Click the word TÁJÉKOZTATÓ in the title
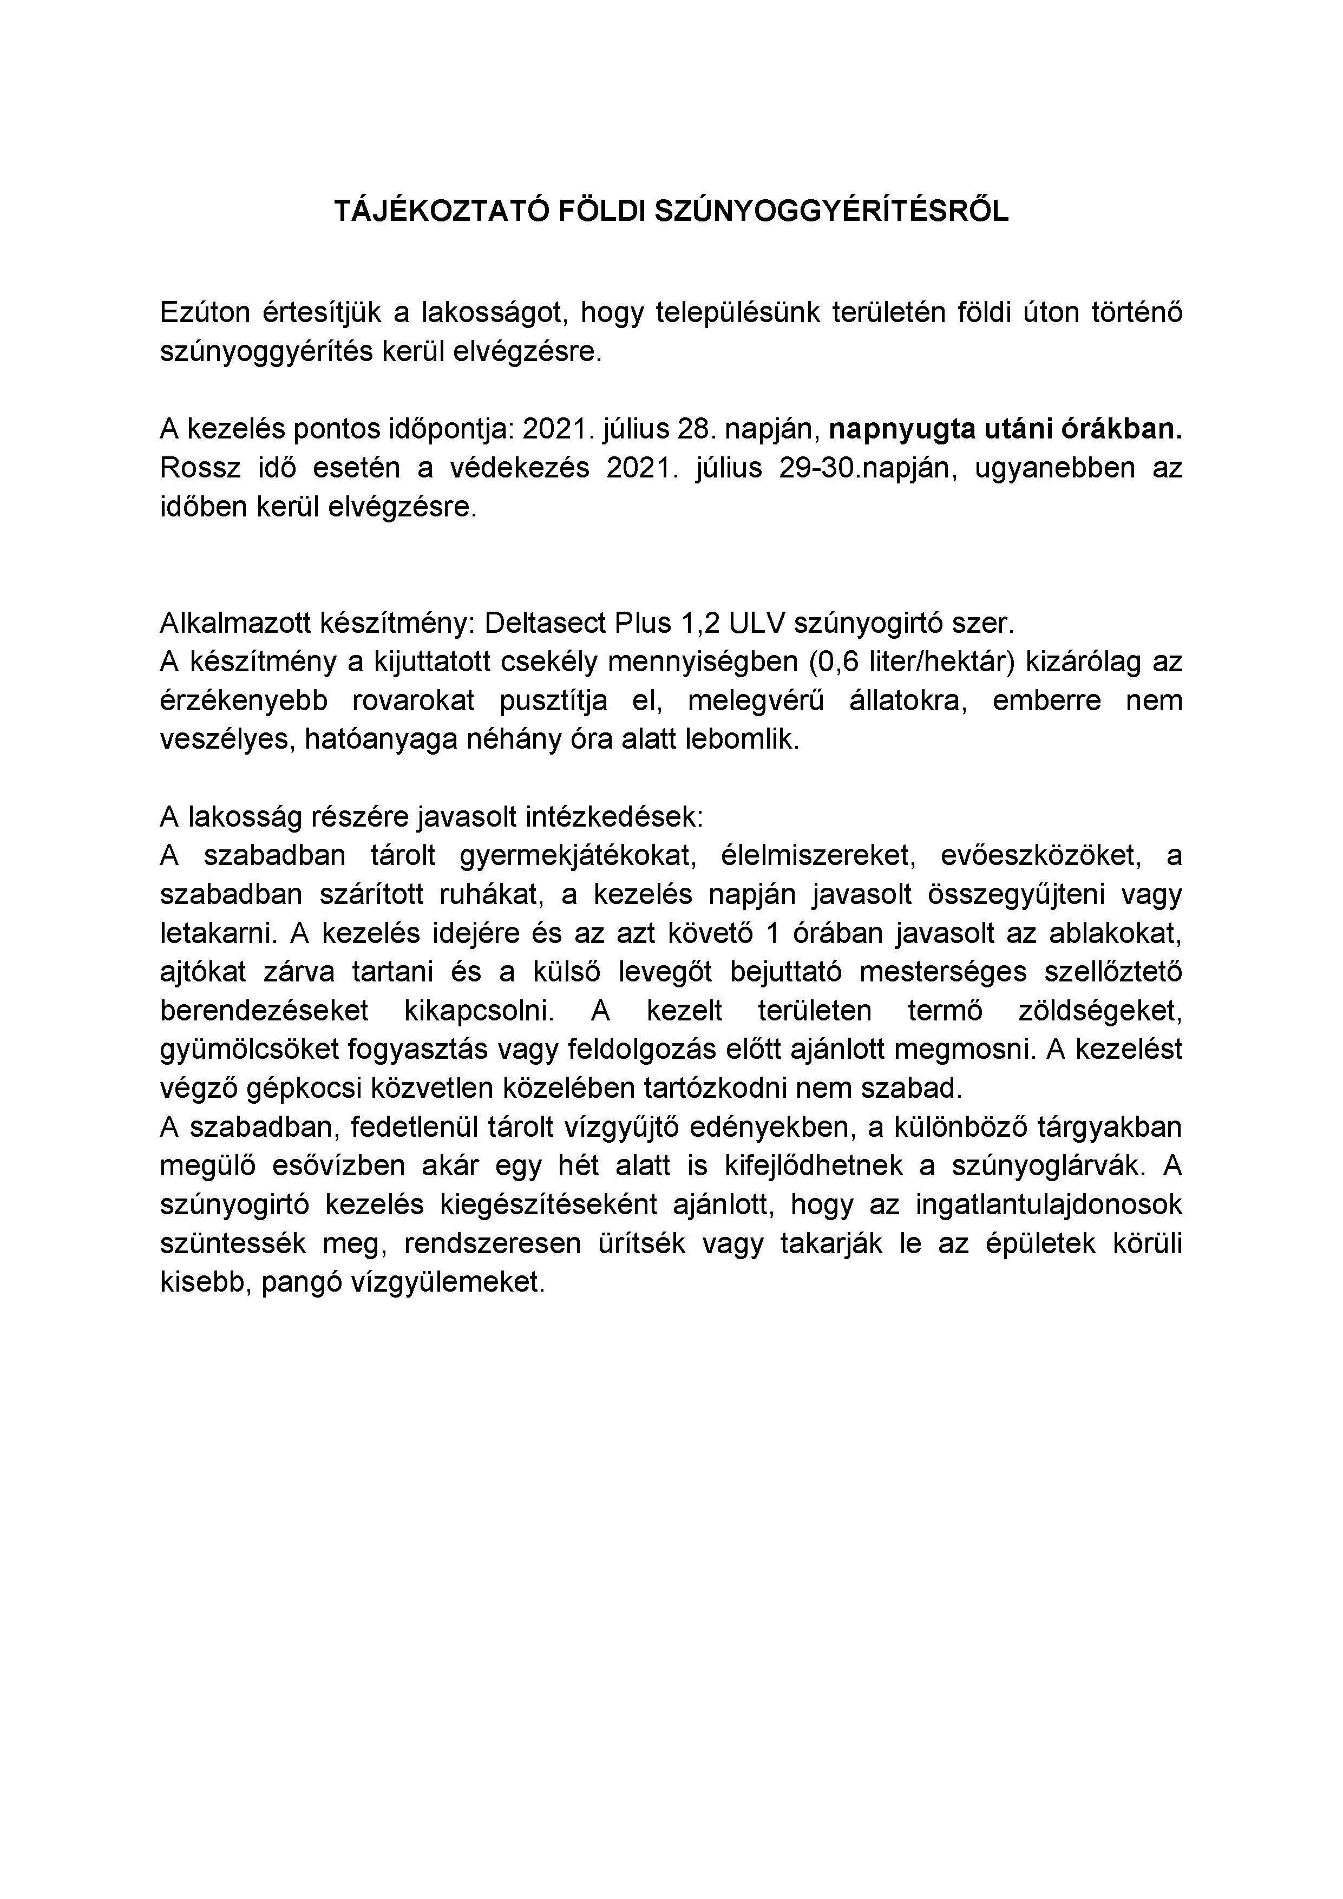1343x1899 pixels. coord(442,212)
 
